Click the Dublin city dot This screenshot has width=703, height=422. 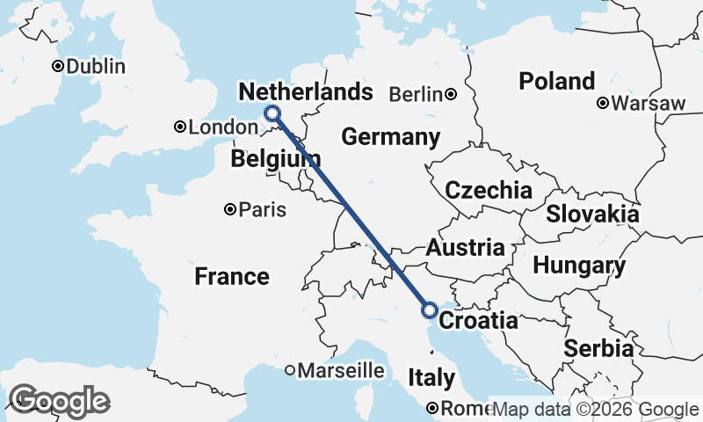[58, 66]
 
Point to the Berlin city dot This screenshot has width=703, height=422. [450, 94]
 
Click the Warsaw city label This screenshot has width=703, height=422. [649, 103]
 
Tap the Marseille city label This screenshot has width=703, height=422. [341, 371]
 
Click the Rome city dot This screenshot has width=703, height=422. [432, 408]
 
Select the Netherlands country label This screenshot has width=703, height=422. [300, 92]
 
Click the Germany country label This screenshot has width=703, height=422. [390, 137]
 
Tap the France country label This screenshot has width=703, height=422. [232, 277]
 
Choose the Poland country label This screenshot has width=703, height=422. [556, 82]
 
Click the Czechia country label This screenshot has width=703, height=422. [488, 190]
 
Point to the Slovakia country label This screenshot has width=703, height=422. [591, 214]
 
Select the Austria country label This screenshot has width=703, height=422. [466, 248]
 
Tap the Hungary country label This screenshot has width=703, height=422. [579, 265]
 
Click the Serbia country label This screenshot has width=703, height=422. [598, 348]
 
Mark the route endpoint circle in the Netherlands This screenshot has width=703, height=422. [272, 113]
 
